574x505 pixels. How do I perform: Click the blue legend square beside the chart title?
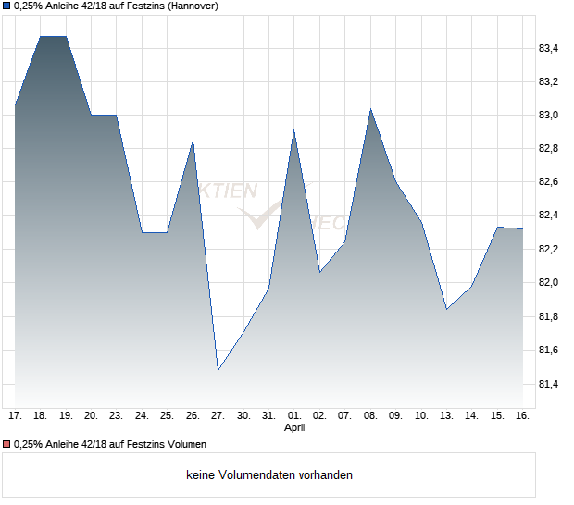[6, 6]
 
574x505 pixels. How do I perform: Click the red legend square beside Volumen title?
[6, 445]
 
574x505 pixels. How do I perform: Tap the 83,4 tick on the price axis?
[548, 48]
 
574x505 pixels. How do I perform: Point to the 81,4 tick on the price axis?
[548, 384]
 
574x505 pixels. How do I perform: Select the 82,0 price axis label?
[548, 283]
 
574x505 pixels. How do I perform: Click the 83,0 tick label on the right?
[548, 116]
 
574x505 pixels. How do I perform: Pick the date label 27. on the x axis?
[218, 416]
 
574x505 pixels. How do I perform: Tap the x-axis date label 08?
[370, 416]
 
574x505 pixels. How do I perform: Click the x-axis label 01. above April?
[294, 416]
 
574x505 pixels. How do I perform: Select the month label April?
[294, 428]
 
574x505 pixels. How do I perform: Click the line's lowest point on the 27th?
[218, 370]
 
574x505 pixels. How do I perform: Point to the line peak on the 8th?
[370, 109]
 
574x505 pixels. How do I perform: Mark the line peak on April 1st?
[293, 130]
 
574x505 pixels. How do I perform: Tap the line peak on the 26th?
[193, 141]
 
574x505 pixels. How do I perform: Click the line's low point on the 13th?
[447, 309]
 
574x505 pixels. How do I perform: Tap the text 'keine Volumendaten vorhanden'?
[269, 475]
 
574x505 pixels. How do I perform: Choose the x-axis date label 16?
[522, 416]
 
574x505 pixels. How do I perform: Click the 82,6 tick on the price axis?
[548, 182]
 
